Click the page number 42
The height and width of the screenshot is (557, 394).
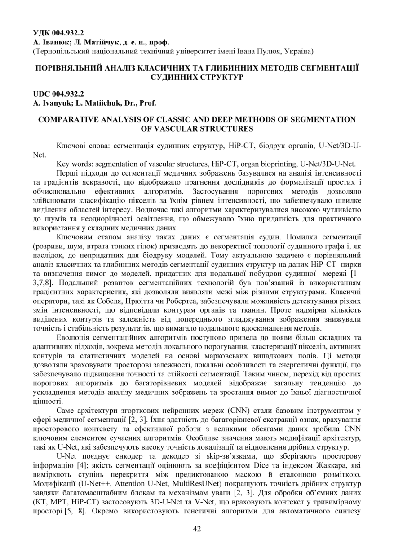[x=197, y=529]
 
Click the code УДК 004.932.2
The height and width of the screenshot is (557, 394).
[x=58, y=33]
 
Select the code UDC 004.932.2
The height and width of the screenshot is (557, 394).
[x=58, y=94]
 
